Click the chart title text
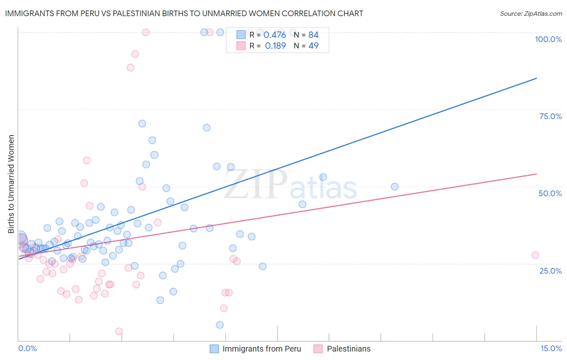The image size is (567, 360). (x=184, y=13)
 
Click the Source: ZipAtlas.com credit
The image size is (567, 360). (x=531, y=13)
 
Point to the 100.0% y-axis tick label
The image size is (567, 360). (x=548, y=39)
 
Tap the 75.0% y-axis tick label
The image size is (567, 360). (x=550, y=116)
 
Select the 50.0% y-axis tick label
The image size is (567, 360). (x=550, y=193)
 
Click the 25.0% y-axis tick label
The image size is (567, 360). (x=550, y=270)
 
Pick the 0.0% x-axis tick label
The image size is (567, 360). (x=27, y=348)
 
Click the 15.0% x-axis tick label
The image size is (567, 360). (x=551, y=348)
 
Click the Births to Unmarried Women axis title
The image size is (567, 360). (x=11, y=184)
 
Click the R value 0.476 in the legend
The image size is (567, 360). (x=275, y=35)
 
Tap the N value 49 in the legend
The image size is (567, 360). (x=313, y=46)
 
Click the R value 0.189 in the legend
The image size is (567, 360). (x=275, y=46)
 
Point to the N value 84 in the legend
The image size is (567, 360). (x=313, y=35)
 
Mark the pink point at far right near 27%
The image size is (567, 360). (x=535, y=255)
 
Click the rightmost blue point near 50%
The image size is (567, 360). (x=394, y=186)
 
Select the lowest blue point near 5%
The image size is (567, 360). (x=220, y=325)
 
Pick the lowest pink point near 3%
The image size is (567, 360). (x=119, y=331)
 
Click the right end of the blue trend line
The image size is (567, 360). (x=536, y=78)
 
